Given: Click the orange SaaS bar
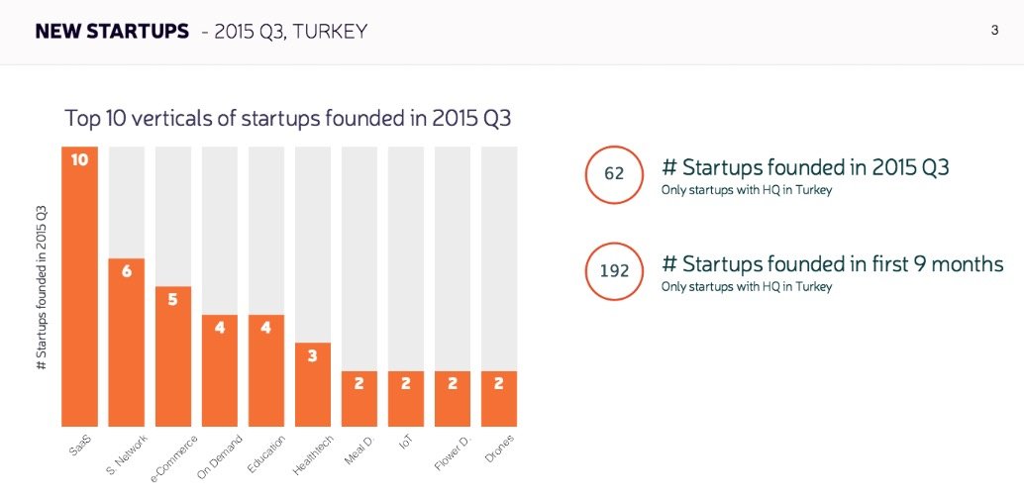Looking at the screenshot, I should [79, 297].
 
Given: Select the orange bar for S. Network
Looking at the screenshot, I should [126, 347].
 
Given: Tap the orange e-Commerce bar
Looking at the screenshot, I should [172, 361].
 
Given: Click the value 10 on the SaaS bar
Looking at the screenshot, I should [79, 158].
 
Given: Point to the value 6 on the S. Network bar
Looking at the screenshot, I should [126, 270].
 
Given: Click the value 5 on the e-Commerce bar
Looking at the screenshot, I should [172, 298].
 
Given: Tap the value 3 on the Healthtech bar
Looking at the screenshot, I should [312, 354].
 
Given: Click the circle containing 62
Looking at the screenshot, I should [614, 174].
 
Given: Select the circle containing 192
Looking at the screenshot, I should [614, 270].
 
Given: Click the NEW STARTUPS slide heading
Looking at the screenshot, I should [111, 32].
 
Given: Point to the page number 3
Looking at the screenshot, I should [994, 31].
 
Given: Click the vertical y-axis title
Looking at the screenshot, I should [42, 287].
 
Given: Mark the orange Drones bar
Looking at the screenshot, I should [498, 398].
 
